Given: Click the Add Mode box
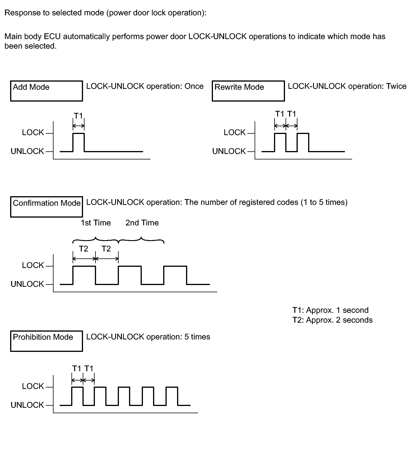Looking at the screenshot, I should tap(46, 91).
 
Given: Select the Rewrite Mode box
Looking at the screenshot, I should tap(248, 91).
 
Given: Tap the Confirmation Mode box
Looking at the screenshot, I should tap(46, 207).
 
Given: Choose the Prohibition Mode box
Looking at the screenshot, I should tap(46, 341).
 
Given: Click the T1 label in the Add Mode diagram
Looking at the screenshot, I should tap(78, 116).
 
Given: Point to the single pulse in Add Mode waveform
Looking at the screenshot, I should tap(78, 142).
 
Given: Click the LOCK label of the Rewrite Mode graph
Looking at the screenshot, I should tap(234, 133).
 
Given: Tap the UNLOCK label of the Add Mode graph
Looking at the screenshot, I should tap(27, 151).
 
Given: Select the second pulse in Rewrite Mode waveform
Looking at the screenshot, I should tap(303, 142).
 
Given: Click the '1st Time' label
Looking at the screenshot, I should tap(96, 223).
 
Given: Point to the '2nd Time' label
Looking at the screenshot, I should tap(142, 223).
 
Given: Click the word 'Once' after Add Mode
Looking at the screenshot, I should tap(194, 86).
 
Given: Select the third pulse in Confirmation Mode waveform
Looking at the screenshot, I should tap(175, 275).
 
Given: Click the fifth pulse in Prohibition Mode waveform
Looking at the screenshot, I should tap(172, 396).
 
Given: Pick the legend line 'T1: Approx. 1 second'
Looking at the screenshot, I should tap(330, 310).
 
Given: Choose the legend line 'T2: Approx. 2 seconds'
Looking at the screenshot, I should tap(332, 320).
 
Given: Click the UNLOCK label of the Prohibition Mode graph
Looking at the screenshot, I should tap(27, 405).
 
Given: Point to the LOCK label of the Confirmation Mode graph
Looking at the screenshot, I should tap(33, 265).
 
